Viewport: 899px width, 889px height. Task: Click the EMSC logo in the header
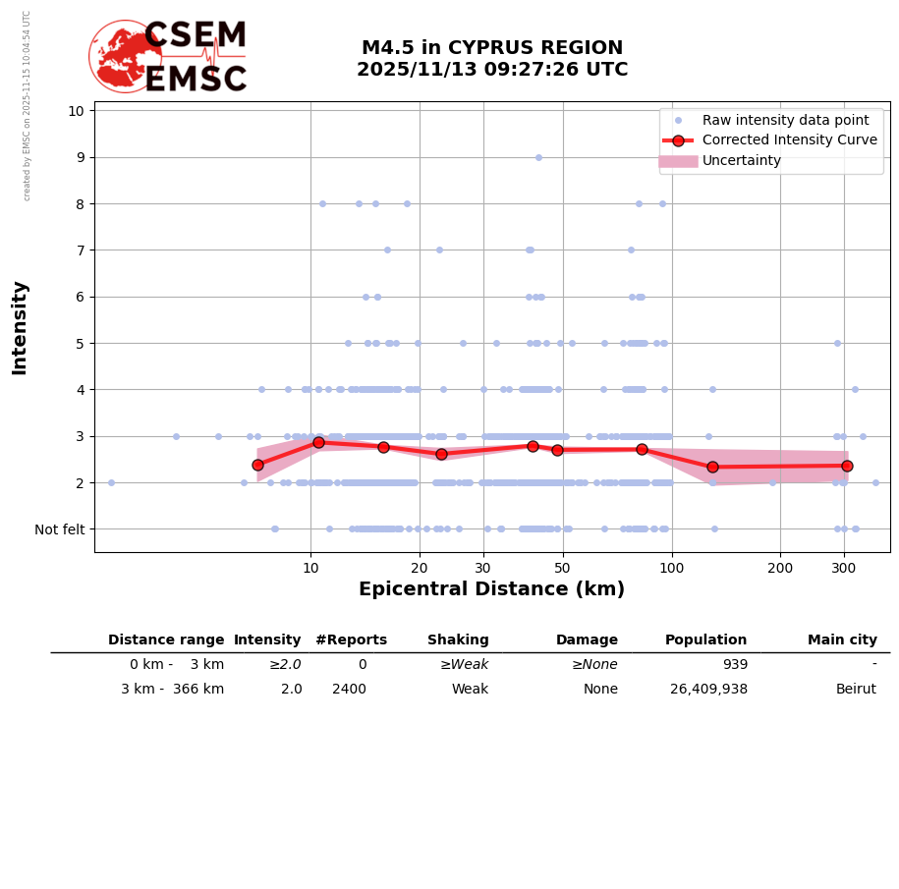[x=168, y=57]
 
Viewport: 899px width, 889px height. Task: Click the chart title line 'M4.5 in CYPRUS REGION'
[x=491, y=48]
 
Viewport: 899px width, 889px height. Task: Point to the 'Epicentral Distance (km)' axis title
[x=491, y=589]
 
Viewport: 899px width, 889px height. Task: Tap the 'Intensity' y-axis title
[x=20, y=327]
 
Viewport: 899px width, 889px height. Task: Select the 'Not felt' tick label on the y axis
[x=60, y=529]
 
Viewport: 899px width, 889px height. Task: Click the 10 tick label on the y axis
[x=76, y=110]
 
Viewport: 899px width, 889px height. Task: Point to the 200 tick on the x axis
[x=780, y=568]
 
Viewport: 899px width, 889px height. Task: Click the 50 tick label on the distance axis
[x=562, y=568]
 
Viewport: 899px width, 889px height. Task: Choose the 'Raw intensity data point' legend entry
[x=785, y=120]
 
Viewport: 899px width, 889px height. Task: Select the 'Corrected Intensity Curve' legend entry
[x=790, y=140]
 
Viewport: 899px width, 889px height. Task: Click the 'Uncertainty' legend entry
[x=742, y=161]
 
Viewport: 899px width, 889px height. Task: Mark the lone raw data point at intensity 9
[x=538, y=157]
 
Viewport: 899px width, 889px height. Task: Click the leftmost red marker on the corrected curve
[x=258, y=465]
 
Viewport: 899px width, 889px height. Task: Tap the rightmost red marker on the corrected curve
[x=847, y=466]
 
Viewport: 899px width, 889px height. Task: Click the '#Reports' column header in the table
[x=351, y=640]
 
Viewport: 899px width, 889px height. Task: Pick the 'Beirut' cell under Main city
[x=856, y=690]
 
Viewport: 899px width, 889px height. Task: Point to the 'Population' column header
[x=705, y=640]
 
